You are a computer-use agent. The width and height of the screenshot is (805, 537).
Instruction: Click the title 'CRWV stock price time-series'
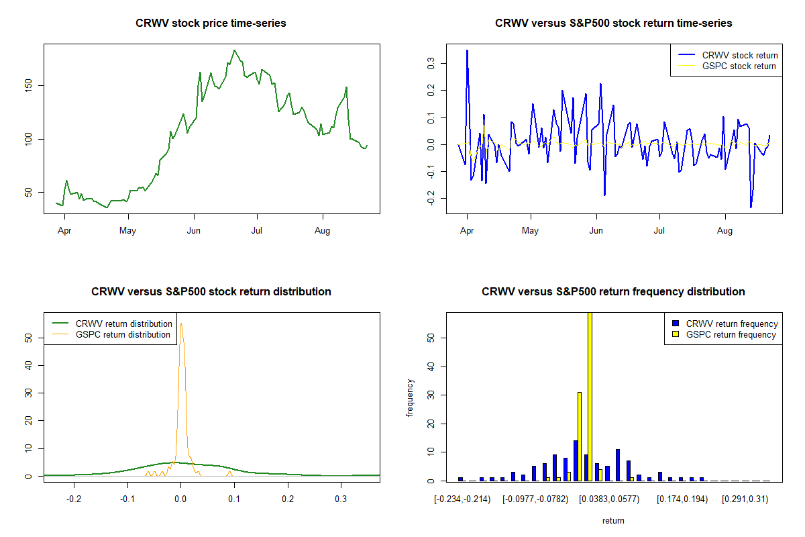point(211,23)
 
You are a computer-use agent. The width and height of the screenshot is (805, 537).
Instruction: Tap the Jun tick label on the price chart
point(194,230)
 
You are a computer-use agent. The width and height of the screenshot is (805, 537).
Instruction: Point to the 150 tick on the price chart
point(28,86)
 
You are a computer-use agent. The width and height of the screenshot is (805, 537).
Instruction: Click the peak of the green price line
point(234,50)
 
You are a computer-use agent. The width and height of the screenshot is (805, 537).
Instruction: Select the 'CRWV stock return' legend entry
point(728,55)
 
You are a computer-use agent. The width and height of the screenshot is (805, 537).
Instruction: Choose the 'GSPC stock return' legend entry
point(727,66)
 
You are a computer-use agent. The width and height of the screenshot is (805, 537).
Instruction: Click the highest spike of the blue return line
point(467,51)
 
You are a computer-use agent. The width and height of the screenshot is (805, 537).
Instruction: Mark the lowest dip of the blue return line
point(751,207)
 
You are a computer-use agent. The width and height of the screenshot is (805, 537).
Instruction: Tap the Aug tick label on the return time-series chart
point(725,230)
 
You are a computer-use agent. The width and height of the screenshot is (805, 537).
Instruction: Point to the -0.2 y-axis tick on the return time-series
point(431,198)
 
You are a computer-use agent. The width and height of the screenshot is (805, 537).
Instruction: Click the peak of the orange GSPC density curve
point(181,324)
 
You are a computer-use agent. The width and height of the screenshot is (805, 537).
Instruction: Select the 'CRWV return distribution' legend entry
point(112,324)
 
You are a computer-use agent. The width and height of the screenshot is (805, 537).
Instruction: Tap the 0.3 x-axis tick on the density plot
point(341,499)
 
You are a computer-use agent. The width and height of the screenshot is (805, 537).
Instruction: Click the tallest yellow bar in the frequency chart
point(590,397)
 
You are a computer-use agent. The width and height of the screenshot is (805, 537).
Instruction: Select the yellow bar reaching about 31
point(580,437)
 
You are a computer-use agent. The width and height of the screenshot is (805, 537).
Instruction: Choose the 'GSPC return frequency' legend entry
point(724,334)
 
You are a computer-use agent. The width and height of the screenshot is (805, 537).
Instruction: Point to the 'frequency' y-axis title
point(410,398)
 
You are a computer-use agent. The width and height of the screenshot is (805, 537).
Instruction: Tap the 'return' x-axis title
point(613,520)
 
